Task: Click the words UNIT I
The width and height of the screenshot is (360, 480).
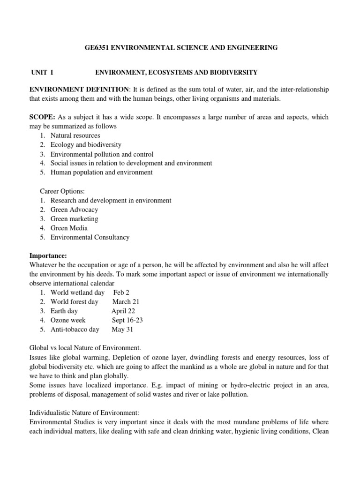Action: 42,72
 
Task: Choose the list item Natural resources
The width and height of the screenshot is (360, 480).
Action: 75,135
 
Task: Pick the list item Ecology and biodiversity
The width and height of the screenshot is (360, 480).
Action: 86,145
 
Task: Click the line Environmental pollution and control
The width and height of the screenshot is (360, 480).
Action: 102,154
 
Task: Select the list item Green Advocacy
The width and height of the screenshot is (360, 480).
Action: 74,210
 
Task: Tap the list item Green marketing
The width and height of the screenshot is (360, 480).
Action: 74,219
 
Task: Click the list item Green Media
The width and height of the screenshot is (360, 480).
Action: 69,228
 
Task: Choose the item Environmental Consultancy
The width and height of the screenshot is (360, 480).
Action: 90,237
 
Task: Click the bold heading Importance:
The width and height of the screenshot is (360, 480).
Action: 49,255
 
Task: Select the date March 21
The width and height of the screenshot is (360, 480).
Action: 126,302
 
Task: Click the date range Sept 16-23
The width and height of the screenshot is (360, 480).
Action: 127,320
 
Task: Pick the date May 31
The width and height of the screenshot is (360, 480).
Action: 122,330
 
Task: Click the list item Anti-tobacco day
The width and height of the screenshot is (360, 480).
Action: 75,330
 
